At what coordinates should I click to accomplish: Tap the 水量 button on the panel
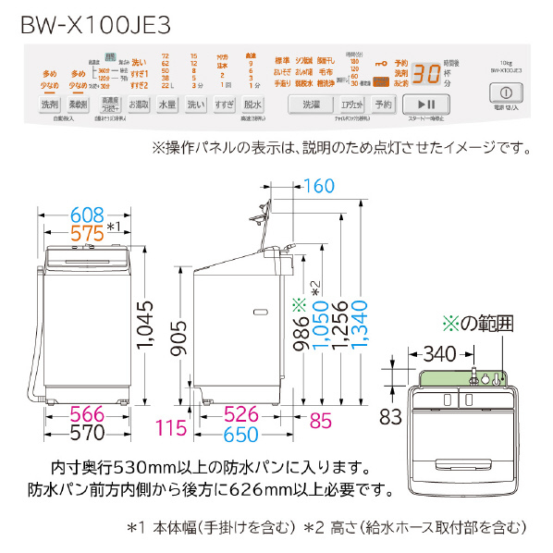coord(167,105)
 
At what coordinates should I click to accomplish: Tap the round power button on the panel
coord(506,93)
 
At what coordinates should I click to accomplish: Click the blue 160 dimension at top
coord(317,186)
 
